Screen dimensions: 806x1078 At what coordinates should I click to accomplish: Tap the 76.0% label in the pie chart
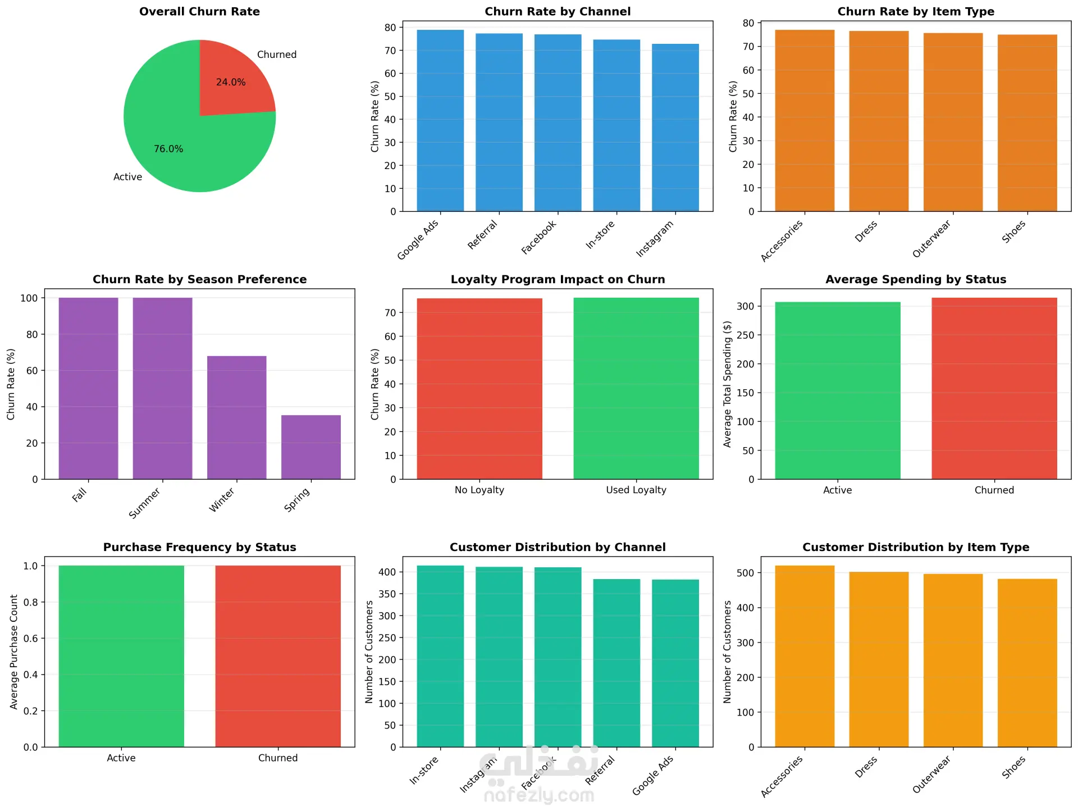pos(168,149)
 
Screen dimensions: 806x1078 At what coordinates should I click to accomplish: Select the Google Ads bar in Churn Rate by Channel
pos(440,121)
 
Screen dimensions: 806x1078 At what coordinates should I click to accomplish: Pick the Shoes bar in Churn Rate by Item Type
pos(1027,123)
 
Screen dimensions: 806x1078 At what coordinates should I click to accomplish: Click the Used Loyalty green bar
pos(636,388)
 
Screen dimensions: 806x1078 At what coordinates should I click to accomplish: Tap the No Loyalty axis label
pos(479,490)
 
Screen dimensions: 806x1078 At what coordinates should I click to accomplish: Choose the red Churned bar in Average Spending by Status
pos(994,388)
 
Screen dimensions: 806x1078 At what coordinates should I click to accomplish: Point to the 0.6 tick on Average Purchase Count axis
pos(30,639)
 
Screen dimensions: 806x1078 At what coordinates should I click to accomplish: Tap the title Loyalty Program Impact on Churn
pos(558,279)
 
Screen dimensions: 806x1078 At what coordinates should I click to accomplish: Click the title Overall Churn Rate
pos(199,11)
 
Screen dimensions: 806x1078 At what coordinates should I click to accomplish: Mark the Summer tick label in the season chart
pos(145,503)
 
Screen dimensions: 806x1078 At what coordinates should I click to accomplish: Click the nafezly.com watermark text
pos(538,795)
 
